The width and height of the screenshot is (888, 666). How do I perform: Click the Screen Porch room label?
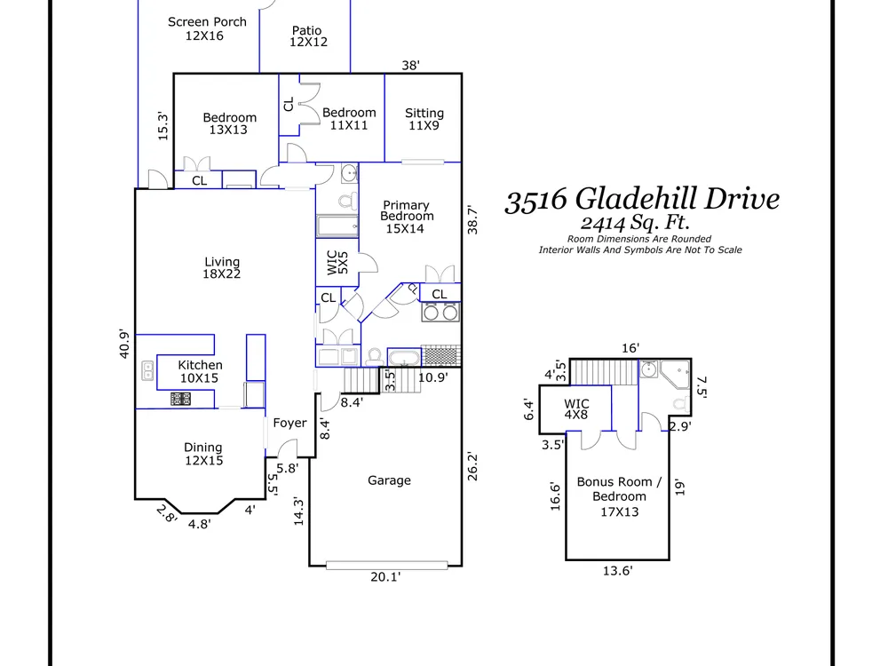[x=207, y=28]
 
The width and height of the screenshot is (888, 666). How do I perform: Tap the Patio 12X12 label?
[x=308, y=36]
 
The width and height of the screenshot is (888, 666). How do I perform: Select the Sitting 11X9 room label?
[x=424, y=119]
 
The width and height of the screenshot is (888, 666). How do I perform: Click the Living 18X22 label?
[x=222, y=268]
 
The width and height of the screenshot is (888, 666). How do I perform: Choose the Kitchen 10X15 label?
[x=200, y=371]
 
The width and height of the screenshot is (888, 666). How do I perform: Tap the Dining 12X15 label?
[x=203, y=454]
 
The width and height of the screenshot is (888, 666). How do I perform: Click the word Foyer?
[x=289, y=423]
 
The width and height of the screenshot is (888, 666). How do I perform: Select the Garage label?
[x=389, y=480]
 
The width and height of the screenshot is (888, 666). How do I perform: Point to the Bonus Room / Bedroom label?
[x=619, y=496]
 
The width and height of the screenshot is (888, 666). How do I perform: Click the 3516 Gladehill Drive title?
[x=642, y=199]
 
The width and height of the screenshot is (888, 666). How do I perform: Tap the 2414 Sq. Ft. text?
[x=635, y=223]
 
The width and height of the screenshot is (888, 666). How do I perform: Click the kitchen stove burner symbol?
[x=180, y=399]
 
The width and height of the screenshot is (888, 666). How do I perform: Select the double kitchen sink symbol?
[x=147, y=371]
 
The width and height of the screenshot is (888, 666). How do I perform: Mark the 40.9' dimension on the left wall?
[x=124, y=344]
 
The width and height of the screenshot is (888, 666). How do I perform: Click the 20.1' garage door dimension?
[x=385, y=577]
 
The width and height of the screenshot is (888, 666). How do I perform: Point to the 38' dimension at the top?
[x=410, y=65]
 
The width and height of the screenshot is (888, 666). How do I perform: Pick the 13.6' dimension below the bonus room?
[x=617, y=571]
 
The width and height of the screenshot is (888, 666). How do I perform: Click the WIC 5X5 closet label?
[x=337, y=262]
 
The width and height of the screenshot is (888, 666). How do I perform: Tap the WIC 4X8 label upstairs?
[x=576, y=408]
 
